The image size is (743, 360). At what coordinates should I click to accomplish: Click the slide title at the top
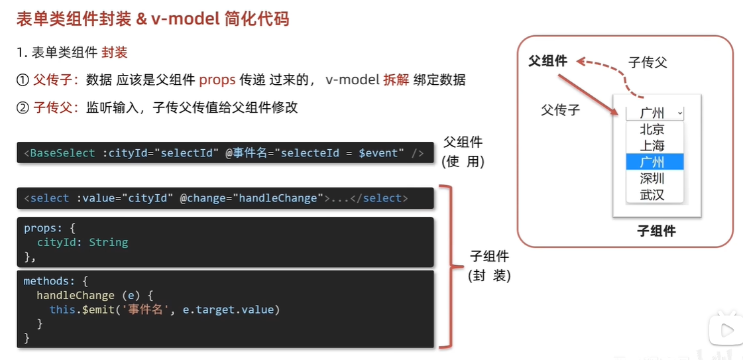click(x=152, y=18)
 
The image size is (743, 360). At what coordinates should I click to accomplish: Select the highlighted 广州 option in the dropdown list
click(x=652, y=162)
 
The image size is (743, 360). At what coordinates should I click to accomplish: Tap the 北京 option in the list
click(x=652, y=130)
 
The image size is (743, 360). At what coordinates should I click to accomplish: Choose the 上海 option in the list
click(x=652, y=146)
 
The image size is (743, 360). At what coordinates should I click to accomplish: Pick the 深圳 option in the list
click(x=652, y=179)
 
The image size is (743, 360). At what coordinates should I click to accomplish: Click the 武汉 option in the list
click(x=652, y=195)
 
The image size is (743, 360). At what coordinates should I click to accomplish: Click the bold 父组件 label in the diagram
click(x=547, y=61)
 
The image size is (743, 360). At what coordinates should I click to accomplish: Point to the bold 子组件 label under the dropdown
click(x=656, y=231)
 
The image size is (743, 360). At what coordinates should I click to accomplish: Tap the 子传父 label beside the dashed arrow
click(x=648, y=63)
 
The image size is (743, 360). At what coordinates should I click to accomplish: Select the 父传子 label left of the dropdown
click(x=560, y=110)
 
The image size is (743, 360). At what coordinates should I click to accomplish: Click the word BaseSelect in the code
click(x=63, y=153)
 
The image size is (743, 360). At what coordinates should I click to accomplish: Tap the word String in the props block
click(x=108, y=243)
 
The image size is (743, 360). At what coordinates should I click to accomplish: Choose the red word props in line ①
click(x=217, y=80)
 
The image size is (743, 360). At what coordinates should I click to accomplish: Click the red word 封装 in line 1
click(x=115, y=52)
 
